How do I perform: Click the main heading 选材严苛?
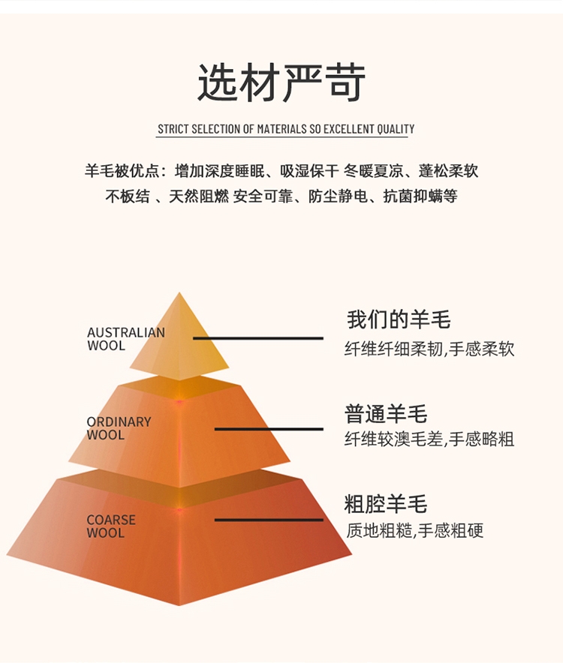point(281,82)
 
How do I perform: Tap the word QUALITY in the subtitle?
point(396,129)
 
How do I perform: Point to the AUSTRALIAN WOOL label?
point(125,339)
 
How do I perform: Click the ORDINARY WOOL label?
point(119,428)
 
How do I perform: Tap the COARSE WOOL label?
point(111,526)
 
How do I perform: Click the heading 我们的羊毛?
point(399,319)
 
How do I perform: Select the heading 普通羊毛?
point(386,413)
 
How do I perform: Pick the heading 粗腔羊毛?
point(386,503)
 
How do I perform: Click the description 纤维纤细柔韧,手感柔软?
point(429,349)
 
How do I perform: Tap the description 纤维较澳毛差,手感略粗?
point(429,439)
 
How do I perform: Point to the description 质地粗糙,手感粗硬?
point(414,530)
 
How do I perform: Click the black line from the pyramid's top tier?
point(258,338)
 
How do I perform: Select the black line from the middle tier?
point(269,429)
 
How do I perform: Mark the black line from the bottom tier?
point(269,520)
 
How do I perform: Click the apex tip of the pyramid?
point(179,292)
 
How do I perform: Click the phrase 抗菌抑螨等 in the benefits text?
point(420,196)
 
